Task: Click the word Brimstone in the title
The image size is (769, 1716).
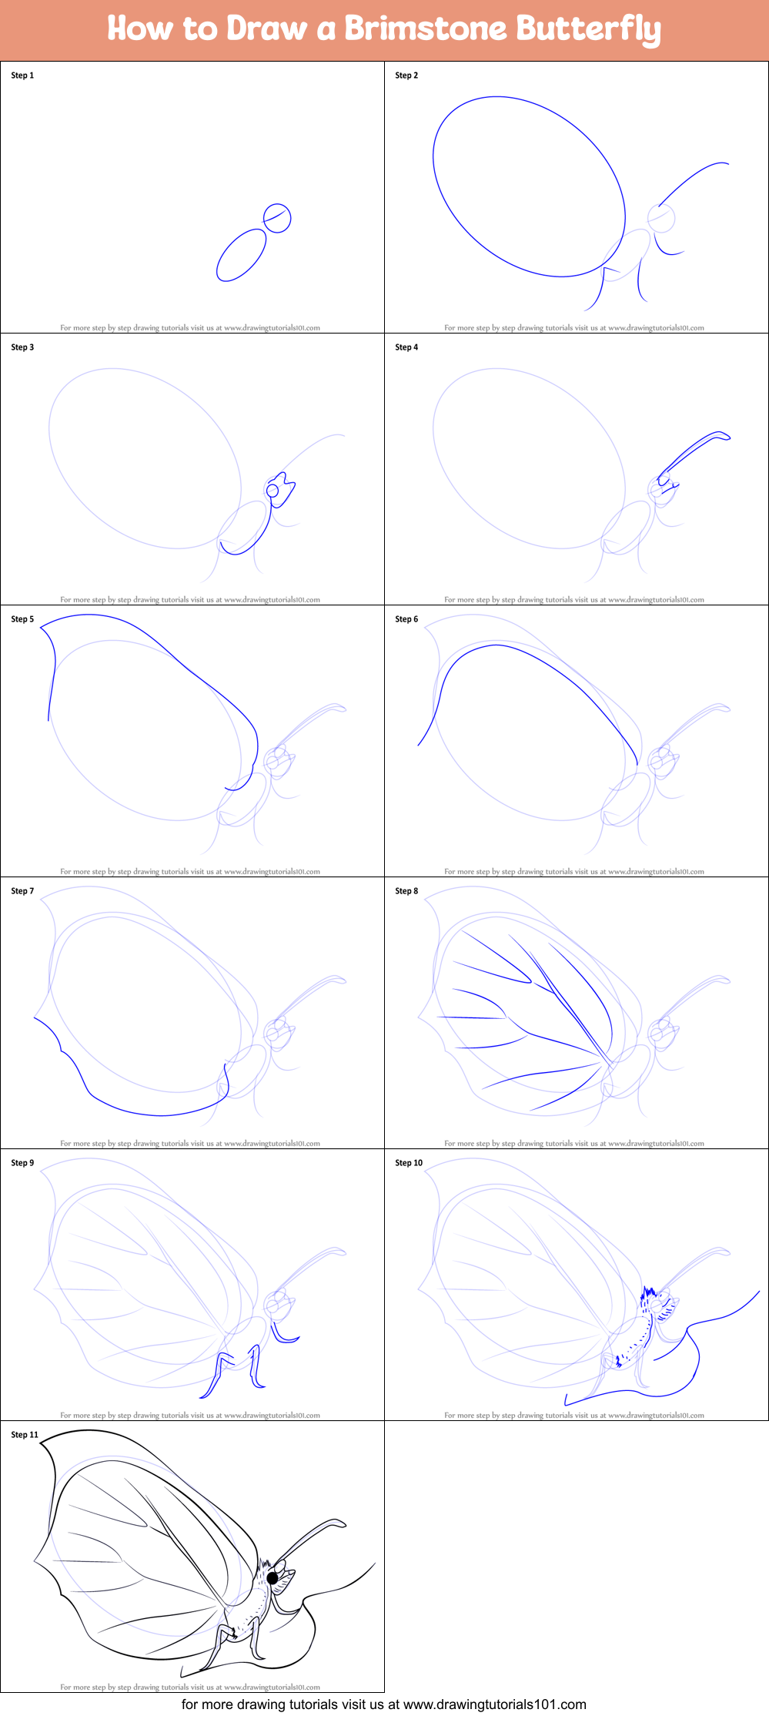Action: coord(425,28)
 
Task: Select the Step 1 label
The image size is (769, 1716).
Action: coord(22,75)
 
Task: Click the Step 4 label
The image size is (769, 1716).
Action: coord(406,347)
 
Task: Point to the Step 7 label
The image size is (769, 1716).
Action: coord(22,891)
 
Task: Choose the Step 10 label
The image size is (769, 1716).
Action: coord(409,1163)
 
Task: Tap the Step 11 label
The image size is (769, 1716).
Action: coord(25,1435)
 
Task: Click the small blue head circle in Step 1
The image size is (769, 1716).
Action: coord(277,218)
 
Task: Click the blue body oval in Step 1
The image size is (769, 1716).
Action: coord(241,255)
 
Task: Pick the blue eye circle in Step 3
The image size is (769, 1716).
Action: coord(272,491)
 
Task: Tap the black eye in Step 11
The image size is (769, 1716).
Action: coord(272,1578)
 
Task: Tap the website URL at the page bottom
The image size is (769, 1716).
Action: coord(494,1704)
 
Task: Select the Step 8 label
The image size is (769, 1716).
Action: coord(406,891)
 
